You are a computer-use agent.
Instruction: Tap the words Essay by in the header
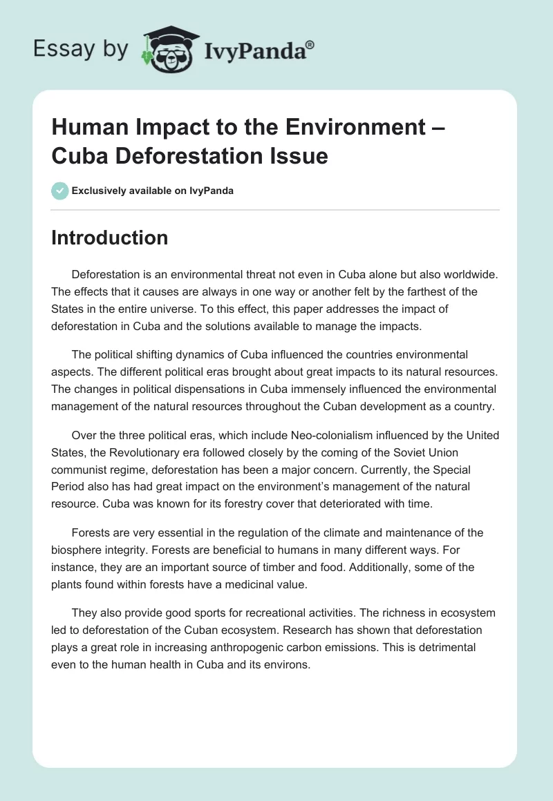[x=79, y=50]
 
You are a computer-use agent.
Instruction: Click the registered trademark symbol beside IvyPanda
[x=310, y=45]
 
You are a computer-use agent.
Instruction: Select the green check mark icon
[x=60, y=191]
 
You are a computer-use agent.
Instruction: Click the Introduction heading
[x=109, y=238]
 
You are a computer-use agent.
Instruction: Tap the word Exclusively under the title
[x=100, y=191]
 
